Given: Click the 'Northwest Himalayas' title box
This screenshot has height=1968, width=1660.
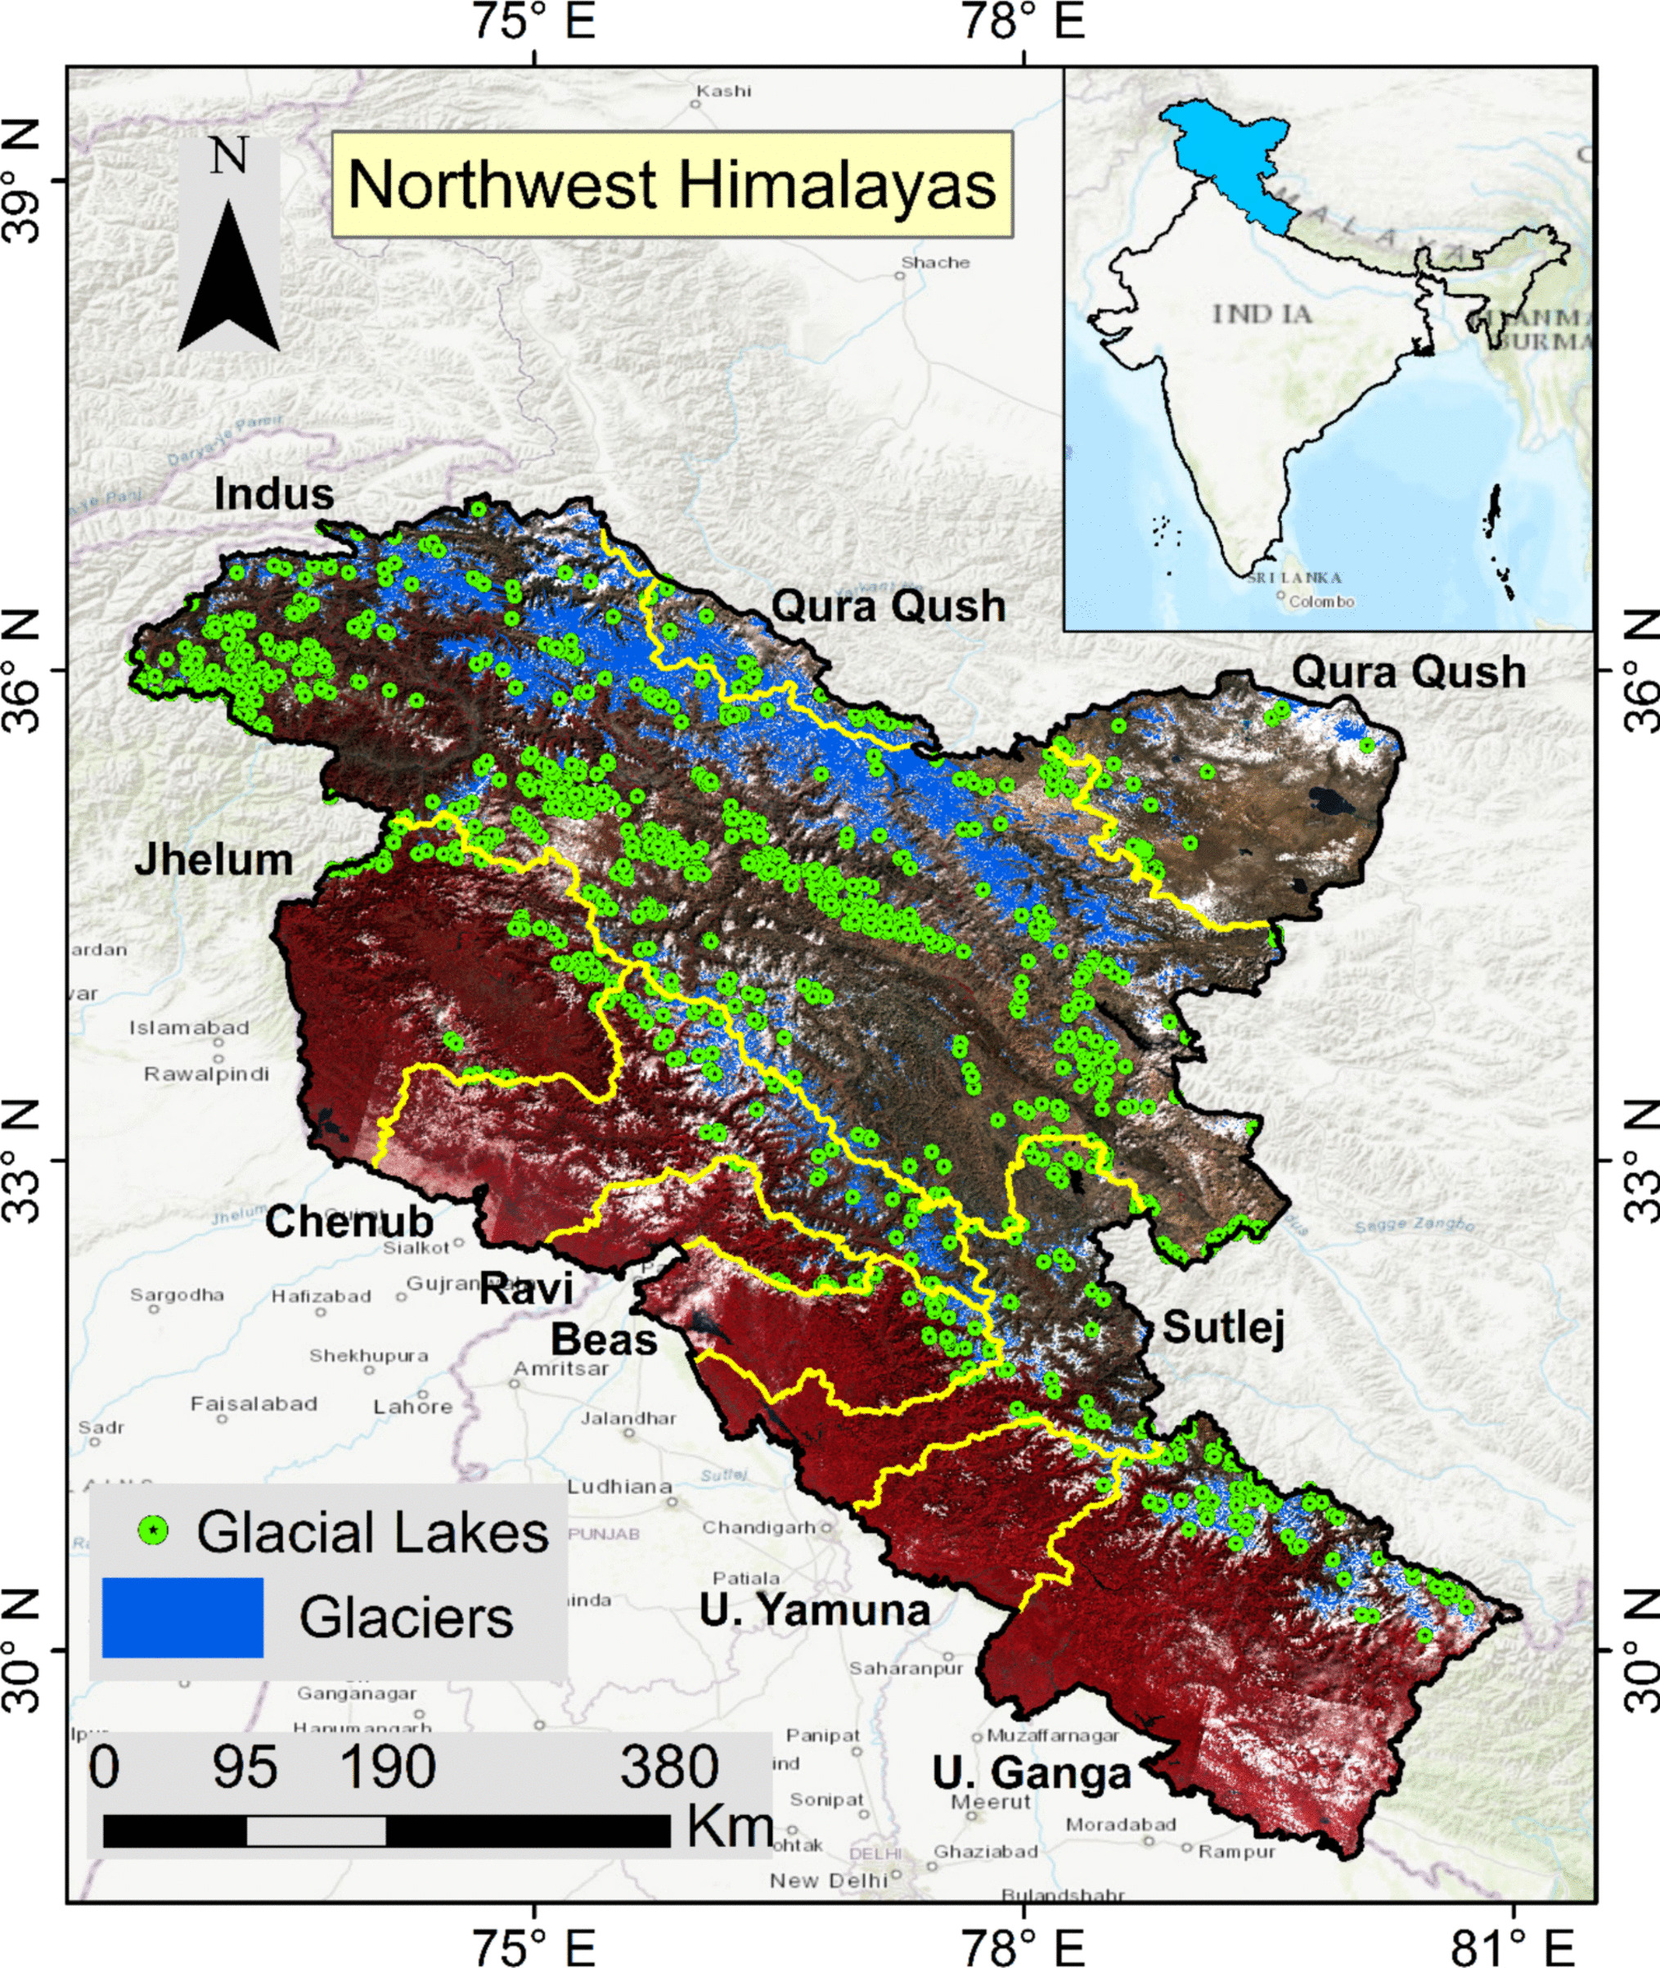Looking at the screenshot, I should point(672,184).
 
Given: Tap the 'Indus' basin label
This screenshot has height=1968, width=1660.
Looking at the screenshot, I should point(274,494).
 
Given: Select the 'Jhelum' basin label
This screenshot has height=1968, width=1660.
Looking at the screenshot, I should point(214,859).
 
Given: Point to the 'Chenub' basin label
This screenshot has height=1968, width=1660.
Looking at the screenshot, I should point(349,1222).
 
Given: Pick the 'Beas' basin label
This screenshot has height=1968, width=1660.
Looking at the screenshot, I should point(603,1340).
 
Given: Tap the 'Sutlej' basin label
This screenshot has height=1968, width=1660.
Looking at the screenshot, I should point(1223,1327).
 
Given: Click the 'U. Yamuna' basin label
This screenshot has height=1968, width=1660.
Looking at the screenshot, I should point(814,1610).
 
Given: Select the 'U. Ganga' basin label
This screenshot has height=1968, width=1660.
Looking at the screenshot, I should point(1032,1773).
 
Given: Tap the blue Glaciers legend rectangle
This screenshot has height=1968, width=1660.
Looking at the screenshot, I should point(182,1618).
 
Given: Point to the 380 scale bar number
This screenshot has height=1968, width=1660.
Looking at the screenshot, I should point(668,1767).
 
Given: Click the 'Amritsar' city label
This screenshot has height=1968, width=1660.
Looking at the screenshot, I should point(562,1368).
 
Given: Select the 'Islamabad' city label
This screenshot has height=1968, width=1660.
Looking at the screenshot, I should point(189,1027).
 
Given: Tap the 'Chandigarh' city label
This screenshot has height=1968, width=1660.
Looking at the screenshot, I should point(758,1527).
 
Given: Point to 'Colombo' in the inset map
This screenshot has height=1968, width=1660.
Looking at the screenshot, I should point(1321,601).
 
